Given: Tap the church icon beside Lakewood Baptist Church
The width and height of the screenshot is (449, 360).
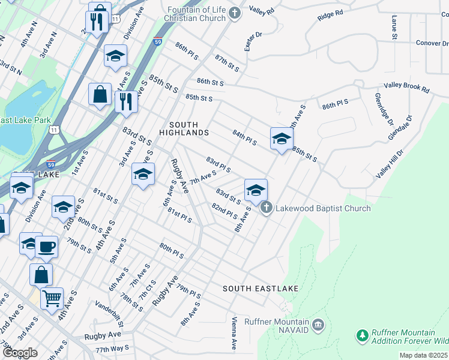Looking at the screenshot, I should [x=266, y=208].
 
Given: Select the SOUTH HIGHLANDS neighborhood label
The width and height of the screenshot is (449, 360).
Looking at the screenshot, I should [x=184, y=128].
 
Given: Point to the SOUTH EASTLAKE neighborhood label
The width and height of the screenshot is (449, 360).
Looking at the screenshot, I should [x=261, y=289].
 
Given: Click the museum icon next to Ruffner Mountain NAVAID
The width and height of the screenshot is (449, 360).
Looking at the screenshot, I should [x=318, y=326].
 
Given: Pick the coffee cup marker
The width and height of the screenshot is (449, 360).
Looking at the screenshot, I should [x=46, y=247].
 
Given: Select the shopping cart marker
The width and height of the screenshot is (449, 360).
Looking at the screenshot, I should [x=52, y=297].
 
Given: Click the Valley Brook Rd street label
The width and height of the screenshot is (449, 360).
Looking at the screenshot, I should [x=407, y=88].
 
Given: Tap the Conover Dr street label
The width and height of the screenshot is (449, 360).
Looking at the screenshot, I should [x=432, y=43].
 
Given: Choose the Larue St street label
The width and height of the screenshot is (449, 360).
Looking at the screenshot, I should [x=394, y=28].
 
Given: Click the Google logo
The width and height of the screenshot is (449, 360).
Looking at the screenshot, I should [x=20, y=353].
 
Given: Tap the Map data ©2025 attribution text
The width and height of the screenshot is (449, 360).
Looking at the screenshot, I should [x=423, y=355].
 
